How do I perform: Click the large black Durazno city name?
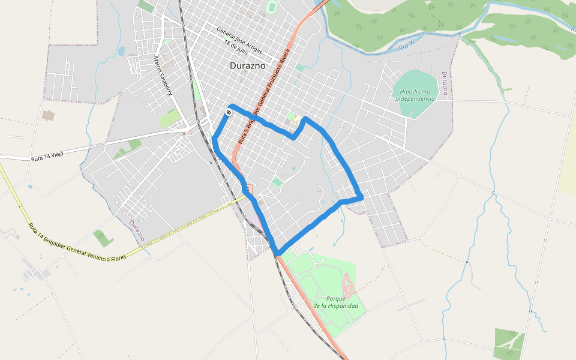(248, 66)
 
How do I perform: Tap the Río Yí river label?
(407, 46)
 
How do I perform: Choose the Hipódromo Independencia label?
(415, 95)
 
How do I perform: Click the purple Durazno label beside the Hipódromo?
(445, 83)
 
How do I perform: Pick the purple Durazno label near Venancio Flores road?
(137, 230)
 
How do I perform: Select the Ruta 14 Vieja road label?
(47, 157)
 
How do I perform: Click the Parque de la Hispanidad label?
(336, 302)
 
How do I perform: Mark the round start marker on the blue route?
(229, 112)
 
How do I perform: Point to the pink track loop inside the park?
(347, 286)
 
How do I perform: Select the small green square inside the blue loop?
(277, 181)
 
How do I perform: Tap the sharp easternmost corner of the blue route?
(362, 196)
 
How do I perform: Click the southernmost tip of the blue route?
(277, 253)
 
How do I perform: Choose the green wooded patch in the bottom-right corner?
(509, 340)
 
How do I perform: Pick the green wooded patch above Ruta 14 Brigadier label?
(103, 238)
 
